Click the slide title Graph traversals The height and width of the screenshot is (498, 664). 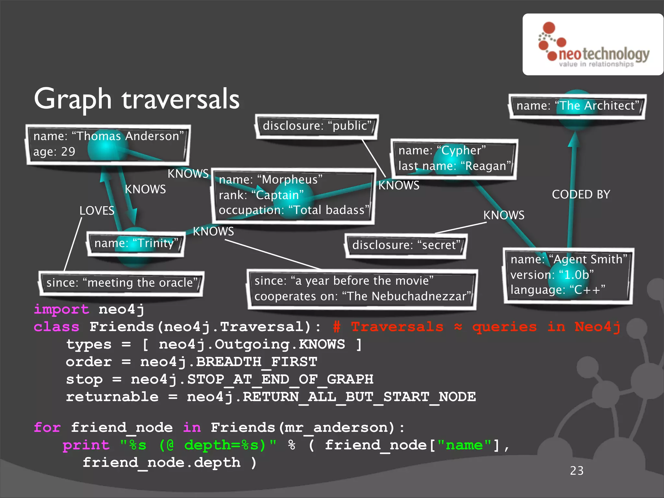(137, 99)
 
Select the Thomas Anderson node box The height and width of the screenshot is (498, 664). (108, 144)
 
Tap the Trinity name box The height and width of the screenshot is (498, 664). (136, 244)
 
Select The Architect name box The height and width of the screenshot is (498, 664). (577, 106)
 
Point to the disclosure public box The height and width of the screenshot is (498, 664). (317, 126)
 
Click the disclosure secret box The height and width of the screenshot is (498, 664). (406, 245)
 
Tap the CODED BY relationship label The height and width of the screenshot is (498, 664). (581, 195)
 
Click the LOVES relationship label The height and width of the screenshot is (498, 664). (97, 211)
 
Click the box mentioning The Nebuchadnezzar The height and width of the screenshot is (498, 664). (362, 289)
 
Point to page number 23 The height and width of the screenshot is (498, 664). (576, 471)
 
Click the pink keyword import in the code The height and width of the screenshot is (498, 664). (61, 309)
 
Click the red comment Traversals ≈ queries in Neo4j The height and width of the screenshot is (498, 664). (477, 327)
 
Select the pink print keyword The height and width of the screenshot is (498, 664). (86, 445)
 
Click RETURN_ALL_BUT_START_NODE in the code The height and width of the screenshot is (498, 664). (359, 397)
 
